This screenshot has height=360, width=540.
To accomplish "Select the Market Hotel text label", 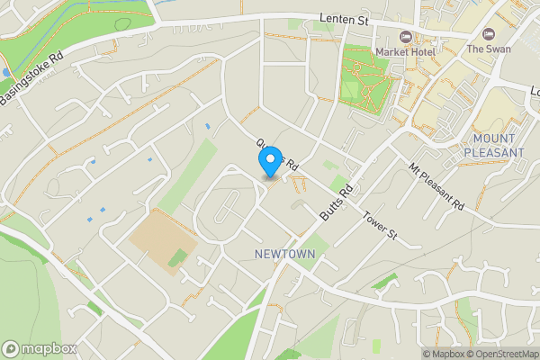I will coord(405,52).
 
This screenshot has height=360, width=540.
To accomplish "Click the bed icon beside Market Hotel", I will coord(405,37).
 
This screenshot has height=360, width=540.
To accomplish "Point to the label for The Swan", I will coord(488,49).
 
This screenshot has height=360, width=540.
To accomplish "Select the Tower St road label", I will coord(380,225).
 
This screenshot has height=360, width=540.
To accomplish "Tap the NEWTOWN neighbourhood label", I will coord(284,255).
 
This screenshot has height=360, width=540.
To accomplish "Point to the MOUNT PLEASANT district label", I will coord(493,146).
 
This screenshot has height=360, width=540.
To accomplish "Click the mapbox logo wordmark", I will coord(40,348).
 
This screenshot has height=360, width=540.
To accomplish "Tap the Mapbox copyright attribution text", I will coord(443,354).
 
